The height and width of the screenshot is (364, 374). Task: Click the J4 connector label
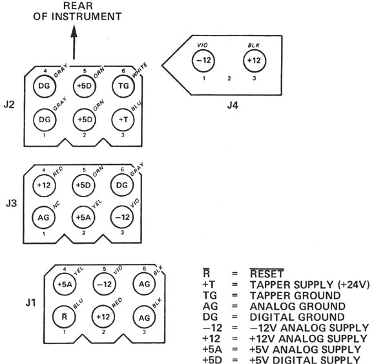tap(233, 105)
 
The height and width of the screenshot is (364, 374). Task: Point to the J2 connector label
tap(9, 105)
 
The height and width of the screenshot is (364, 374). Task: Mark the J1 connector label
tap(31, 303)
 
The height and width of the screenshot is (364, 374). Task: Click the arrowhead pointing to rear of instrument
tap(74, 31)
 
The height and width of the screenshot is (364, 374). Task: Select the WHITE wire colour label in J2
tap(140, 70)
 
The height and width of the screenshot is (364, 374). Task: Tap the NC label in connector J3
tap(57, 205)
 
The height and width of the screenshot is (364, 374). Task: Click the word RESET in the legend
tap(267, 273)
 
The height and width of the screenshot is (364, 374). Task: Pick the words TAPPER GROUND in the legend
tap(295, 295)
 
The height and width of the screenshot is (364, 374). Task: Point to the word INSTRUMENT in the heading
tap(87, 16)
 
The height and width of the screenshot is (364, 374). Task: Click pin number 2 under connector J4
tap(229, 78)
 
